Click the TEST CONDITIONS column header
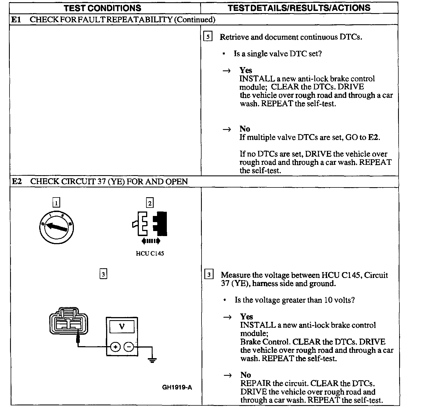click(102, 8)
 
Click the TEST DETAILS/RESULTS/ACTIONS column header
click(299, 8)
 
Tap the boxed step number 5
click(207, 37)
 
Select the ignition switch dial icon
click(57, 227)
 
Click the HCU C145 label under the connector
click(150, 254)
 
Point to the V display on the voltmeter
click(122, 326)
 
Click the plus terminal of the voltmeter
click(115, 347)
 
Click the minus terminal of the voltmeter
click(129, 347)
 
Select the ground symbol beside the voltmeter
click(152, 360)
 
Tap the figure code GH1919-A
click(177, 387)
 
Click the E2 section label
click(17, 182)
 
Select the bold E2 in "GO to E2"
click(373, 137)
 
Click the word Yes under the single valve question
click(245, 70)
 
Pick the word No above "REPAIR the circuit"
click(245, 375)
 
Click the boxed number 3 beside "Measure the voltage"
click(209, 275)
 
